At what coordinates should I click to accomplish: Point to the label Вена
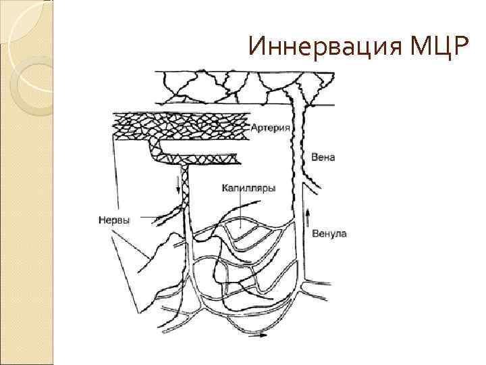coord(323,157)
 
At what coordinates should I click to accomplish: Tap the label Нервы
coord(114,219)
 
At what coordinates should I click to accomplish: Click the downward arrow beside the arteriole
coord(180,185)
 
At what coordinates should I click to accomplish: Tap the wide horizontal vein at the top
coord(243,87)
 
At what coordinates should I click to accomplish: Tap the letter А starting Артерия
coord(254,127)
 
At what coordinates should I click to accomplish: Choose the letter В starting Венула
coord(316,234)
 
